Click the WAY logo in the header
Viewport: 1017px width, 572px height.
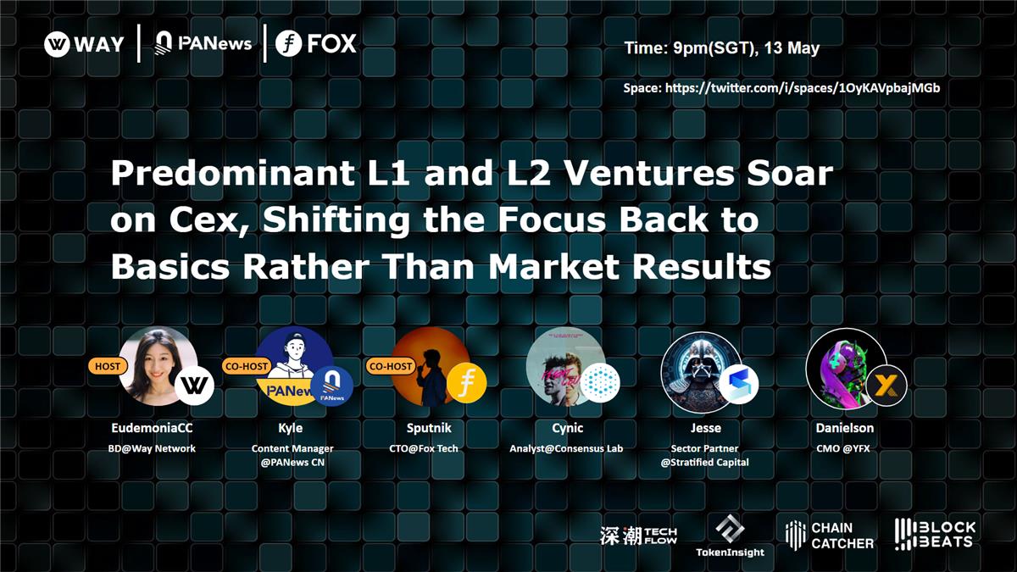[84, 44]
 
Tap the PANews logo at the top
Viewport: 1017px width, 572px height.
[203, 43]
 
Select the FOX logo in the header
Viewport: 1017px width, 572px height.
[316, 44]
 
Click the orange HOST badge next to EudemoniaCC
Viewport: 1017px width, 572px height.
[107, 366]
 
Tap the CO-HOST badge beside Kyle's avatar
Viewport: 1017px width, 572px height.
[247, 366]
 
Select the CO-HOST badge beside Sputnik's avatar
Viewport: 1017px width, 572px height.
[391, 366]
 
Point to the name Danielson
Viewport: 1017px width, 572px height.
[844, 428]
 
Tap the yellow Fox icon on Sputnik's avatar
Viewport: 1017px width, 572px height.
[466, 382]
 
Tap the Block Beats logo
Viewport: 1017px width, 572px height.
[935, 534]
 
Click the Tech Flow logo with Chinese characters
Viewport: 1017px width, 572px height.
[638, 535]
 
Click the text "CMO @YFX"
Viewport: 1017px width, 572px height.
[844, 447]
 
